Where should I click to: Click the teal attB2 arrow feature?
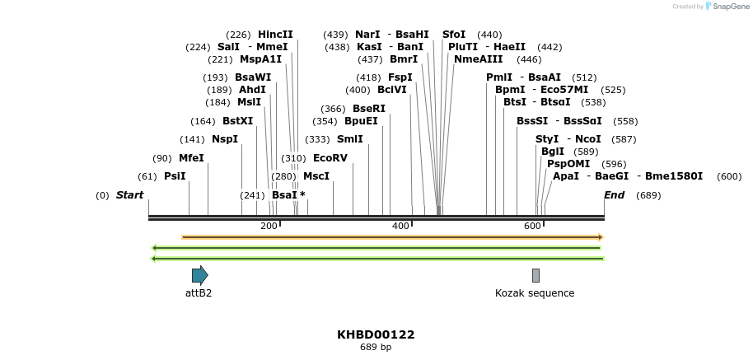pyautogui.click(x=199, y=275)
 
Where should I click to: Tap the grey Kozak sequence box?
pyautogui.click(x=536, y=275)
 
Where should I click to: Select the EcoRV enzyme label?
pyautogui.click(x=330, y=158)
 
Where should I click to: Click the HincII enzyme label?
pyautogui.click(x=275, y=35)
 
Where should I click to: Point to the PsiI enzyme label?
pyautogui.click(x=175, y=176)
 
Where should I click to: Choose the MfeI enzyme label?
pyautogui.click(x=191, y=158)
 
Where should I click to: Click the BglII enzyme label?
pyautogui.click(x=552, y=152)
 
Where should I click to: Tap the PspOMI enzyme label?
pyautogui.click(x=568, y=164)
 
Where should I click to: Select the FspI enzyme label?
pyautogui.click(x=400, y=77)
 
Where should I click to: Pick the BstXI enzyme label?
pyautogui.click(x=238, y=121)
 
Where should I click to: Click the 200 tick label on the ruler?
pyautogui.click(x=269, y=226)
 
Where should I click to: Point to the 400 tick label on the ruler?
pyautogui.click(x=400, y=226)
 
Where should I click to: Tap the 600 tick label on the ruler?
pyautogui.click(x=532, y=226)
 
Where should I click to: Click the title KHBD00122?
pyautogui.click(x=376, y=334)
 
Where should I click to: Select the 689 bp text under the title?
pyautogui.click(x=376, y=347)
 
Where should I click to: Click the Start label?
pyautogui.click(x=129, y=195)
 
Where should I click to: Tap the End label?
pyautogui.click(x=614, y=195)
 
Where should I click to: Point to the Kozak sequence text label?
pyautogui.click(x=535, y=293)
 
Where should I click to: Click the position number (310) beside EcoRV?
pyautogui.click(x=293, y=158)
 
